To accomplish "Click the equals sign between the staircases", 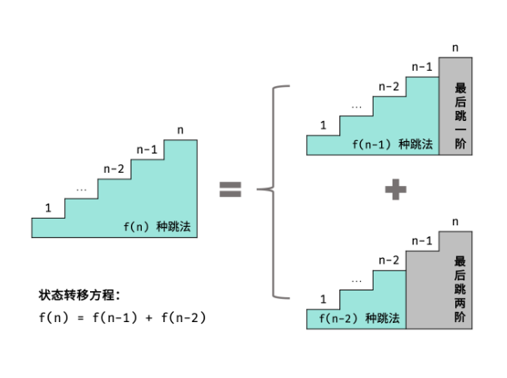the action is click(x=230, y=190).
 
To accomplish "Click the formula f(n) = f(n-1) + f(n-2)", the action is click(x=122, y=317).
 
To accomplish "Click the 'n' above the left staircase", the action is click(x=180, y=129).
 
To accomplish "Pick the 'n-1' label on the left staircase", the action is click(x=148, y=149).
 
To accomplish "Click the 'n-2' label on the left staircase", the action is click(x=114, y=169).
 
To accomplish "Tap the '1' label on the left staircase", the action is click(x=48, y=208).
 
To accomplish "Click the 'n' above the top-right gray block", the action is click(x=454, y=48).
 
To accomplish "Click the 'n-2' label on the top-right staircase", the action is click(x=389, y=87).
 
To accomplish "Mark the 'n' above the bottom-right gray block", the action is click(x=454, y=222).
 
